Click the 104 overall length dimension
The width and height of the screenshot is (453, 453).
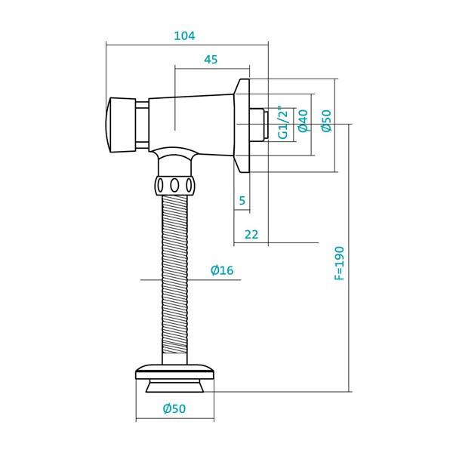[x=185, y=35]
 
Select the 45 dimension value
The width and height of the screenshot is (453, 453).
[x=211, y=60]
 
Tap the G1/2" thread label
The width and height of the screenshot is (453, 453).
[x=284, y=123]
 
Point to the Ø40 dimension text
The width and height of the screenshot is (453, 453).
[x=303, y=122]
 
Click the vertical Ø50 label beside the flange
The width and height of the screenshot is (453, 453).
[x=325, y=121]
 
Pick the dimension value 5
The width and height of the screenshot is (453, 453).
[x=242, y=200]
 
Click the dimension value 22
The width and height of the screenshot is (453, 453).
[x=251, y=234]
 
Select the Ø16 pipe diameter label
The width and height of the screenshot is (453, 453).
[x=221, y=270]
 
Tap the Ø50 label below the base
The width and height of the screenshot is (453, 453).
[x=174, y=408]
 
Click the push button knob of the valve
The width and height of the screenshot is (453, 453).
[x=119, y=125]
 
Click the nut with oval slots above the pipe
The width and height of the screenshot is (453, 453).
[x=175, y=185]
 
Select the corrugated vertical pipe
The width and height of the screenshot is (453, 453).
[x=175, y=279]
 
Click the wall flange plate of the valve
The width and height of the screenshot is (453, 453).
[x=242, y=125]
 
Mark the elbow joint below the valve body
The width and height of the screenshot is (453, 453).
[x=175, y=161]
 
